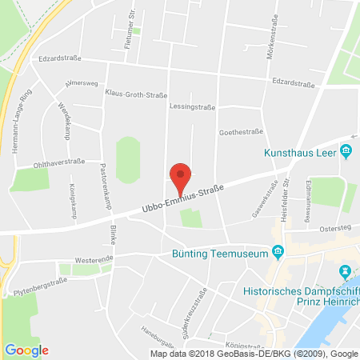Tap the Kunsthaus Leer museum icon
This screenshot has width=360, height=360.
pyautogui.click(x=346, y=151)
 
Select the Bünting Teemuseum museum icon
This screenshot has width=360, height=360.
pyautogui.click(x=278, y=253)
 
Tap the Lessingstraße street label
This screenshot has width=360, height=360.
pyautogui.click(x=193, y=106)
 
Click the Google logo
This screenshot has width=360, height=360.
pyautogui.click(x=26, y=350)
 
